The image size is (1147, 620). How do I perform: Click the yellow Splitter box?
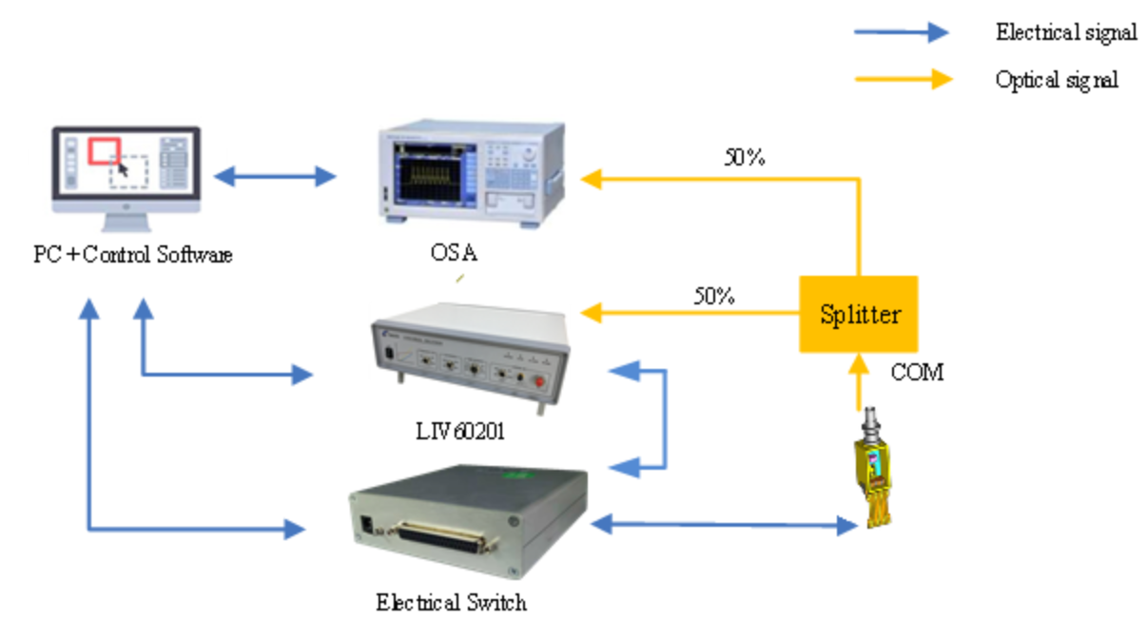(858, 315)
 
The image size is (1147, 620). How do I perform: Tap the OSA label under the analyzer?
(454, 254)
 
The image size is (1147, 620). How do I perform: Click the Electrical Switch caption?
(451, 602)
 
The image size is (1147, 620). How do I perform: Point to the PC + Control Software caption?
(132, 255)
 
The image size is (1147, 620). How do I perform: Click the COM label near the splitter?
(917, 373)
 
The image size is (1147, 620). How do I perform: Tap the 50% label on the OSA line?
(745, 158)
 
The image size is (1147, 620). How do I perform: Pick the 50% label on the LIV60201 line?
(714, 295)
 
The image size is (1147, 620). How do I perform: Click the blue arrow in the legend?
(901, 32)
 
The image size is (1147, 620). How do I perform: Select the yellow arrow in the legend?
(901, 79)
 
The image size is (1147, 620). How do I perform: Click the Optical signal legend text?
(1056, 79)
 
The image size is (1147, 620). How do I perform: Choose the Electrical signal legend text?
(1065, 32)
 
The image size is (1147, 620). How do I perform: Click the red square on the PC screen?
(104, 151)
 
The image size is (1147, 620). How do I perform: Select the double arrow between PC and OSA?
(275, 176)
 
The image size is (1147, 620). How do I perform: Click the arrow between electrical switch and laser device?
(724, 522)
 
